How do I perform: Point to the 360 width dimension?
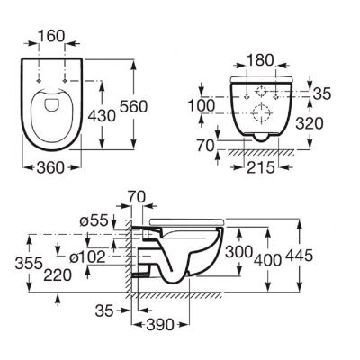(53, 167)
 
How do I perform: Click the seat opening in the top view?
(53, 113)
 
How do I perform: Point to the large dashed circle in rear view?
(262, 113)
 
